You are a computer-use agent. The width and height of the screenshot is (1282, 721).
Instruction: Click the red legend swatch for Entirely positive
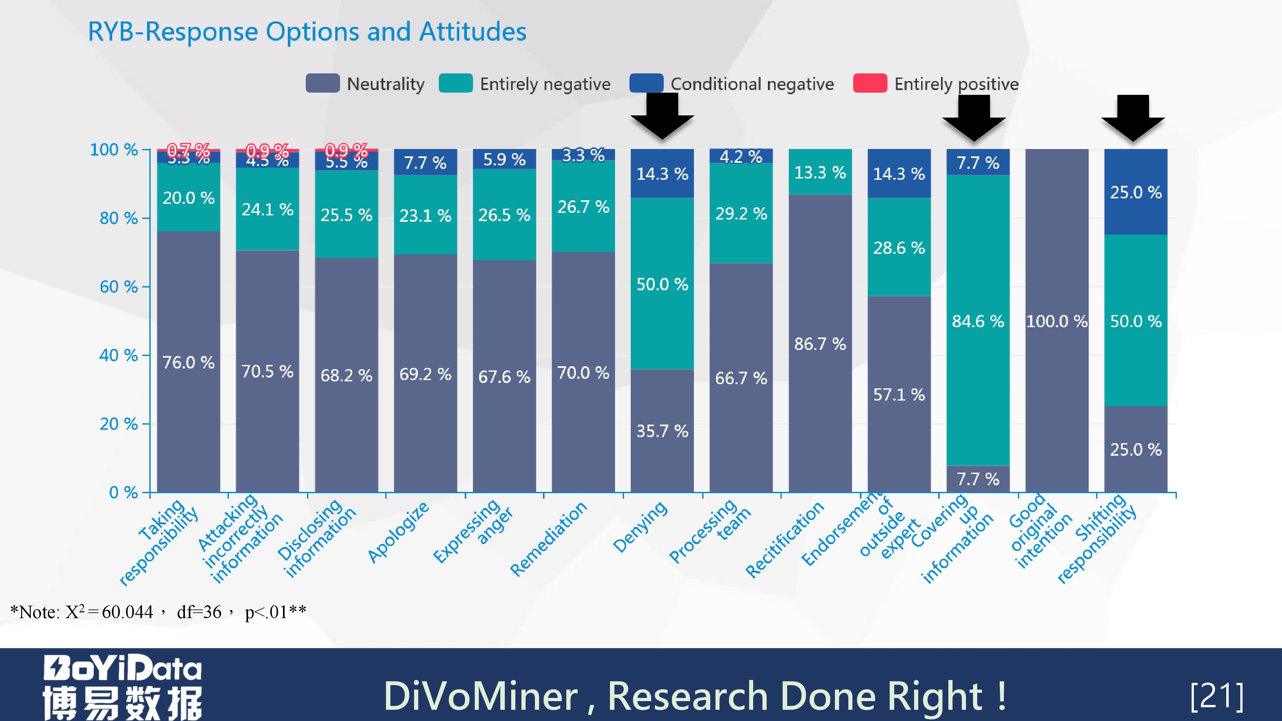870,83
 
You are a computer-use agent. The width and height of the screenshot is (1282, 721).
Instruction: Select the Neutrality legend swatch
322,83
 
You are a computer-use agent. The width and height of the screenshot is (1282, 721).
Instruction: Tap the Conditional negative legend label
752,84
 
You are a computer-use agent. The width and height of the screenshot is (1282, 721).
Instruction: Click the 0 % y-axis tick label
123,493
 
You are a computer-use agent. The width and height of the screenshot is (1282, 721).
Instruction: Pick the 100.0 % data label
1057,321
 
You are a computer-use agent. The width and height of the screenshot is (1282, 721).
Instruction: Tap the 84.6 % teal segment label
978,321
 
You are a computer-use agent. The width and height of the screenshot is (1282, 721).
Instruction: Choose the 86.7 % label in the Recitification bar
820,344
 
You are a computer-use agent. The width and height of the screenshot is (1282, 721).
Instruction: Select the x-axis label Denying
640,527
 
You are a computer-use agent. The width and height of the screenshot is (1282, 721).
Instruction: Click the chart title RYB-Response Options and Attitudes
307,32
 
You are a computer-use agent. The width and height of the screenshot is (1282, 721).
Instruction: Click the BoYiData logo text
122,668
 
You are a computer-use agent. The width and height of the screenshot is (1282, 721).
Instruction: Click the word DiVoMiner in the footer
480,696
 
